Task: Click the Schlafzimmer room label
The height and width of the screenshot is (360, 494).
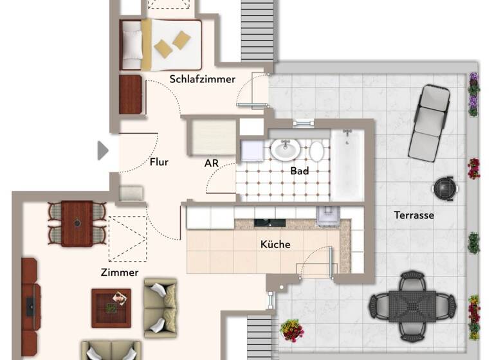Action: pos(202,79)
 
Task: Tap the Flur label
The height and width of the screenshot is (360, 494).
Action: pos(159,162)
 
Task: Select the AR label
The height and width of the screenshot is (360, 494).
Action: pos(212,163)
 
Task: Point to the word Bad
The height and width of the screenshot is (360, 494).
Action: pos(300,171)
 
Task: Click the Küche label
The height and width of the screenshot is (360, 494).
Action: pos(275,244)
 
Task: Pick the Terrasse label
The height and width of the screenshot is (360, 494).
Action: pos(414,215)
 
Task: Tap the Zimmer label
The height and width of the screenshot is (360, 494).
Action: pos(120,273)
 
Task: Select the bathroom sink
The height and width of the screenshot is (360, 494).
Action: pos(284,150)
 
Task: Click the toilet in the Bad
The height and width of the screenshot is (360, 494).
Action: pos(316,151)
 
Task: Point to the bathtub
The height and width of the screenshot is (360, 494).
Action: pos(347,164)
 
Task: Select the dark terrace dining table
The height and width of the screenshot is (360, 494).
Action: pos(412,305)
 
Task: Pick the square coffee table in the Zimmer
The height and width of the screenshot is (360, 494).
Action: pos(111,307)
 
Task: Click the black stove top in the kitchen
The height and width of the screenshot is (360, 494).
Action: pos(270,222)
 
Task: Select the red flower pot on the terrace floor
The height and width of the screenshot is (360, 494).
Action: pos(291,330)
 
